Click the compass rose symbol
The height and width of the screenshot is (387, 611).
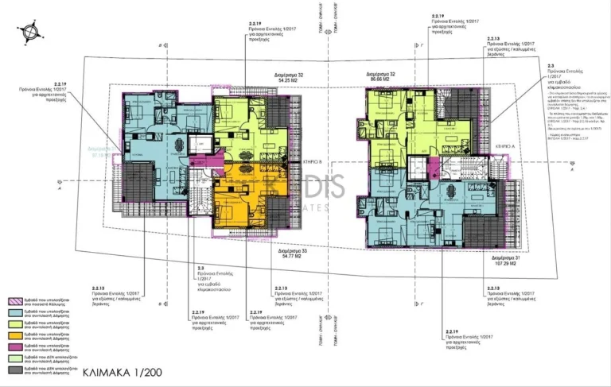pyautogui.click(x=30, y=32)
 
